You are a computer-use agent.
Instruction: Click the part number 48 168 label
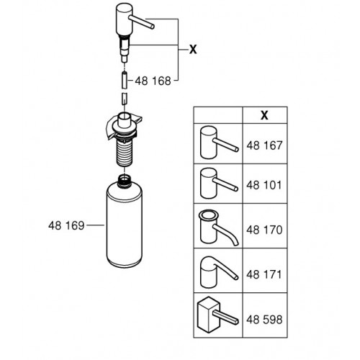(x=153, y=81)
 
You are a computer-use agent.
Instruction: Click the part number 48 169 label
(x=66, y=225)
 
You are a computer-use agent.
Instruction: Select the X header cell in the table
(x=264, y=115)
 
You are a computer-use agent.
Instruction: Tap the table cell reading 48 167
(x=264, y=145)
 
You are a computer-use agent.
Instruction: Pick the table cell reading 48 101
(x=264, y=185)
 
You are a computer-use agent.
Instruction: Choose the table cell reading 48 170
(x=264, y=230)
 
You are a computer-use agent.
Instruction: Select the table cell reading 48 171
(x=264, y=274)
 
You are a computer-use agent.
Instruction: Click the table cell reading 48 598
(x=264, y=320)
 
